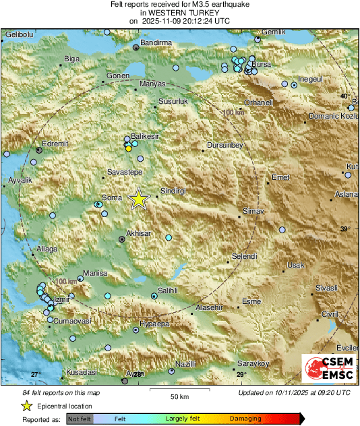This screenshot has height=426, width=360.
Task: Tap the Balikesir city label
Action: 144,136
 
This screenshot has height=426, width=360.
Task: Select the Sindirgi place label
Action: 171,191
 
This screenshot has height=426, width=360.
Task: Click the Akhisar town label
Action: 138,233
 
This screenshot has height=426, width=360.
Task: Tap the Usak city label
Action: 296,265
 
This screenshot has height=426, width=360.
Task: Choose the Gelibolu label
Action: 20,34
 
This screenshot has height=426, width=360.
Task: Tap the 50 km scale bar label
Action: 179,396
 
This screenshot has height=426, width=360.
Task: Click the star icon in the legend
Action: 26,406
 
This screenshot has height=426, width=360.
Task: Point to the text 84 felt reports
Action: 61,392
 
